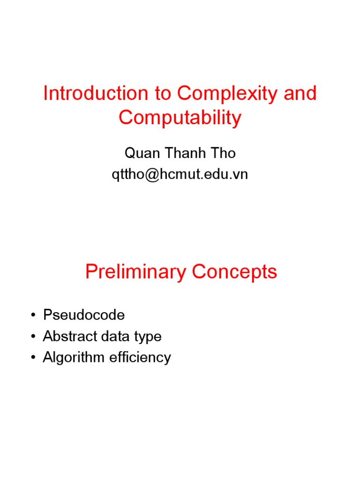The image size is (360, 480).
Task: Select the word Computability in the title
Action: (180, 118)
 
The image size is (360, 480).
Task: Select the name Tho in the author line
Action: (223, 153)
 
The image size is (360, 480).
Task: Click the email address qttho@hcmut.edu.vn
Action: (180, 174)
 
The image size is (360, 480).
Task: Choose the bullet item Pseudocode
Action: (84, 315)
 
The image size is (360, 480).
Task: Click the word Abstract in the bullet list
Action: (66, 337)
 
